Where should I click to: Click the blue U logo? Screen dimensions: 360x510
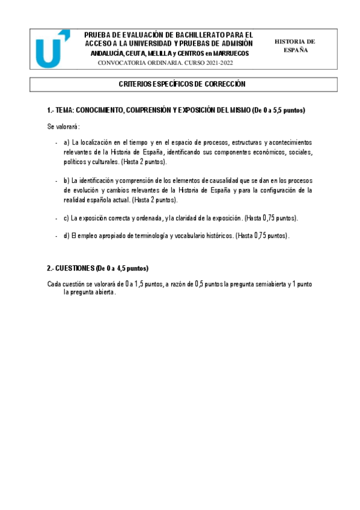[x=52, y=50]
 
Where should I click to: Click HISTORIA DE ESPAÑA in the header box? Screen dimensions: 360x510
[x=294, y=46]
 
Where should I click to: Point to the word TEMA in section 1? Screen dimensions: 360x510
[x=69, y=111]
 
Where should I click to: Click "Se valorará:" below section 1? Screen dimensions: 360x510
[x=63, y=127]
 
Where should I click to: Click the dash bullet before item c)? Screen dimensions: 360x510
[x=55, y=218]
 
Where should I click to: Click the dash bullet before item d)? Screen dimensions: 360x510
[x=55, y=236]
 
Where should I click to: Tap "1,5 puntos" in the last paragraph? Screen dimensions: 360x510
[x=146, y=283]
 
